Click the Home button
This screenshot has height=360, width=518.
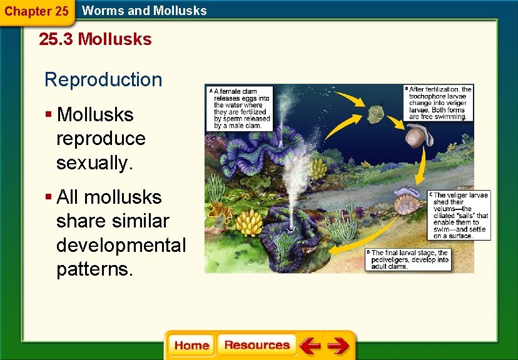pyautogui.click(x=191, y=346)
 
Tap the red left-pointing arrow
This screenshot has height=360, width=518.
pyautogui.click(x=309, y=346)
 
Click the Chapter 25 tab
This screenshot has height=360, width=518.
pyautogui.click(x=36, y=11)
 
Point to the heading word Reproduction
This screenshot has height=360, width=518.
pyautogui.click(x=103, y=80)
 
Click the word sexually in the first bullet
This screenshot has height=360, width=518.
pyautogui.click(x=94, y=162)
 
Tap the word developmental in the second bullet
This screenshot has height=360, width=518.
pyautogui.click(x=121, y=245)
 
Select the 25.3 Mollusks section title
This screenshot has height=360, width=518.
pyautogui.click(x=95, y=39)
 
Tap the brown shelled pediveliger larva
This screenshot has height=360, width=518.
pyautogui.click(x=408, y=203)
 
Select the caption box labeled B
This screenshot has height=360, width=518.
pyautogui.click(x=439, y=103)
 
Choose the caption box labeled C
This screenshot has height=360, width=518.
pyautogui.click(x=460, y=216)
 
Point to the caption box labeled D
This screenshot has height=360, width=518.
pyautogui.click(x=407, y=259)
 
